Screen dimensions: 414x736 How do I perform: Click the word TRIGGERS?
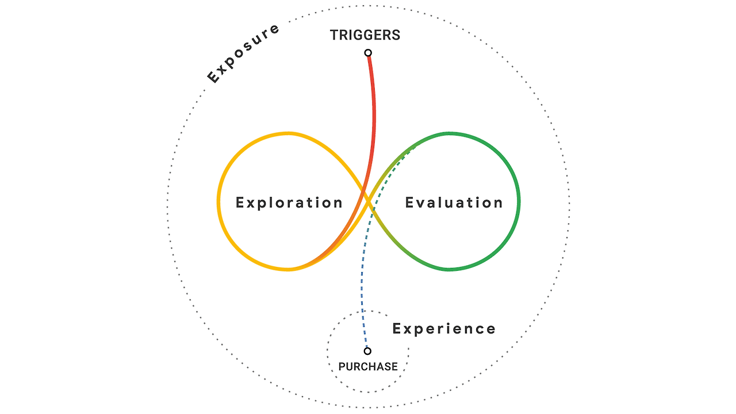[365, 35]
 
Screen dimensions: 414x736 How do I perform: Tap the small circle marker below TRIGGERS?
[368, 53]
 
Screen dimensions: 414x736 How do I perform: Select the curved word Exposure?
[243, 53]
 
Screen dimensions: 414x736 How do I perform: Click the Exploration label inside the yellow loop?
[289, 202]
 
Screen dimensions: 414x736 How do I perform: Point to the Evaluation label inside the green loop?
[454, 202]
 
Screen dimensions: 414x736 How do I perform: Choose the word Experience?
[444, 329]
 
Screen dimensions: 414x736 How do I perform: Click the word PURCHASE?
[368, 366]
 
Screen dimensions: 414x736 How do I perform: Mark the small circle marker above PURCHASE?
[367, 351]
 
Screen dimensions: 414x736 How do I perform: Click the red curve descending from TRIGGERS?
[374, 115]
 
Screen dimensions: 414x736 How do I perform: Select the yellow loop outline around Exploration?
[219, 201]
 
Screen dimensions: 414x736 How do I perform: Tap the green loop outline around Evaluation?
[518, 201]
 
